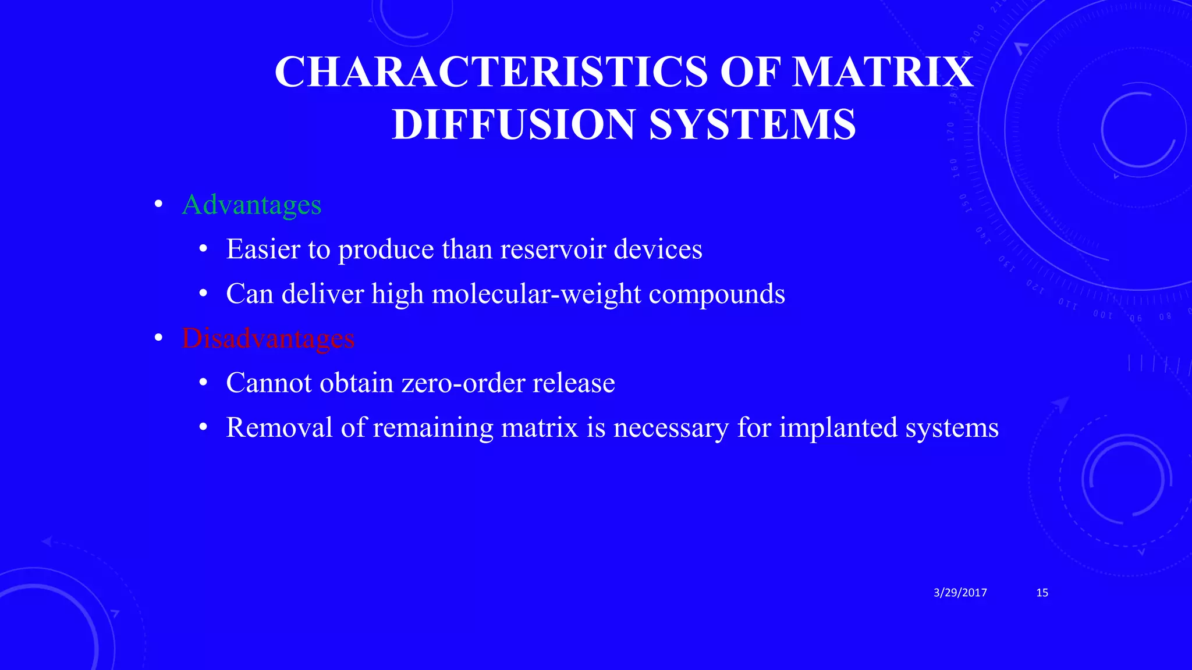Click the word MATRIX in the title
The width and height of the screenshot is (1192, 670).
(x=883, y=72)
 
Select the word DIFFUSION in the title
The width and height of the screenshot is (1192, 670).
(x=514, y=124)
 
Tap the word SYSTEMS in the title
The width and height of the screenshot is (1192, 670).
(x=752, y=124)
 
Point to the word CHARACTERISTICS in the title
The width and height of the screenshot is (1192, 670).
(x=491, y=72)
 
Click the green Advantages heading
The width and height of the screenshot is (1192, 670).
(x=251, y=205)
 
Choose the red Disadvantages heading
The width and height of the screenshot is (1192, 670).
(x=268, y=338)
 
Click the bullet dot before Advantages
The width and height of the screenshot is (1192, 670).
(x=158, y=205)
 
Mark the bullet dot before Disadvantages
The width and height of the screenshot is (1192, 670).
(x=158, y=338)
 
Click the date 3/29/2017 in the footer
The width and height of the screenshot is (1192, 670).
(x=960, y=593)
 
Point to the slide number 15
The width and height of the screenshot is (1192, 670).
(x=1042, y=593)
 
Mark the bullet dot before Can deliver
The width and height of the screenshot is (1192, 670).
(x=203, y=294)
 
